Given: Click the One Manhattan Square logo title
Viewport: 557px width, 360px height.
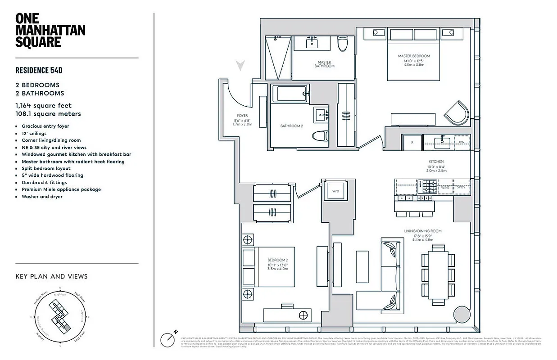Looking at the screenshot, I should (x=50, y=30).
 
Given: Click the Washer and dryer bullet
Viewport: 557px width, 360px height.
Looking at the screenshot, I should (x=42, y=197).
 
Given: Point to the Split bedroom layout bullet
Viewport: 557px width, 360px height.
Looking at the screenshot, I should (x=46, y=168).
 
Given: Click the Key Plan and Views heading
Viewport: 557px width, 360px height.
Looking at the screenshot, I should (x=51, y=276).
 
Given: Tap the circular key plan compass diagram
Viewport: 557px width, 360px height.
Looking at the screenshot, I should (x=60, y=318).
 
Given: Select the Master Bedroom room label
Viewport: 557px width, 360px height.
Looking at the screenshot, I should (x=413, y=56).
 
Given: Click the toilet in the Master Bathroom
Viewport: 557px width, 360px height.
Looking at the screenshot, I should (x=343, y=44).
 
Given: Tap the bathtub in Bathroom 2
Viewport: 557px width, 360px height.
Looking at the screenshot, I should (x=291, y=94).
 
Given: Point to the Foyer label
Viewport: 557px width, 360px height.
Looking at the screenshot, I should (x=242, y=116).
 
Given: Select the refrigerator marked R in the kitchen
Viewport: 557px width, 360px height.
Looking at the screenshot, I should (x=412, y=142).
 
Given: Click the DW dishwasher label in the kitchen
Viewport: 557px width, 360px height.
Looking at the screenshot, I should (x=461, y=142).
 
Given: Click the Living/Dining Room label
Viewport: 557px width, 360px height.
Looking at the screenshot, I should (x=422, y=231).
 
